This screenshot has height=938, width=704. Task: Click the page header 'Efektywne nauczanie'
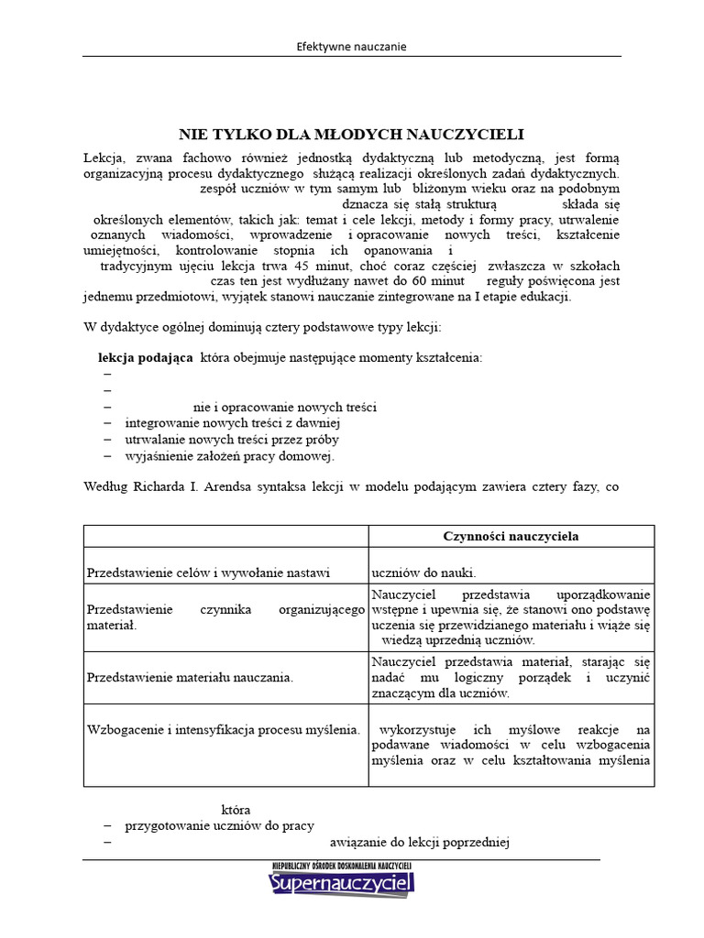coord(352,46)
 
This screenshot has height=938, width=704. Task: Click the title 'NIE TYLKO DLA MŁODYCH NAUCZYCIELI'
coord(351,134)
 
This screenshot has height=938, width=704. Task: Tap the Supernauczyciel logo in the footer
coord(342,884)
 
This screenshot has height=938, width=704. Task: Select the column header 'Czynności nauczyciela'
coord(511,536)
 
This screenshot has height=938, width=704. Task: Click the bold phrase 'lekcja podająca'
coord(145,357)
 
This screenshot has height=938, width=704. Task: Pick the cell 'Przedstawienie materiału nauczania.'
coord(190,677)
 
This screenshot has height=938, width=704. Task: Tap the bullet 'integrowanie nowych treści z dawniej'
coord(233,423)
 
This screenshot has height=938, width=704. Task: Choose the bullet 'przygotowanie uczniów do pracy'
coord(219,825)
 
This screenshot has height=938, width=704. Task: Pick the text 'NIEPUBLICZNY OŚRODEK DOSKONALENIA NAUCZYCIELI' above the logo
coord(342,865)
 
